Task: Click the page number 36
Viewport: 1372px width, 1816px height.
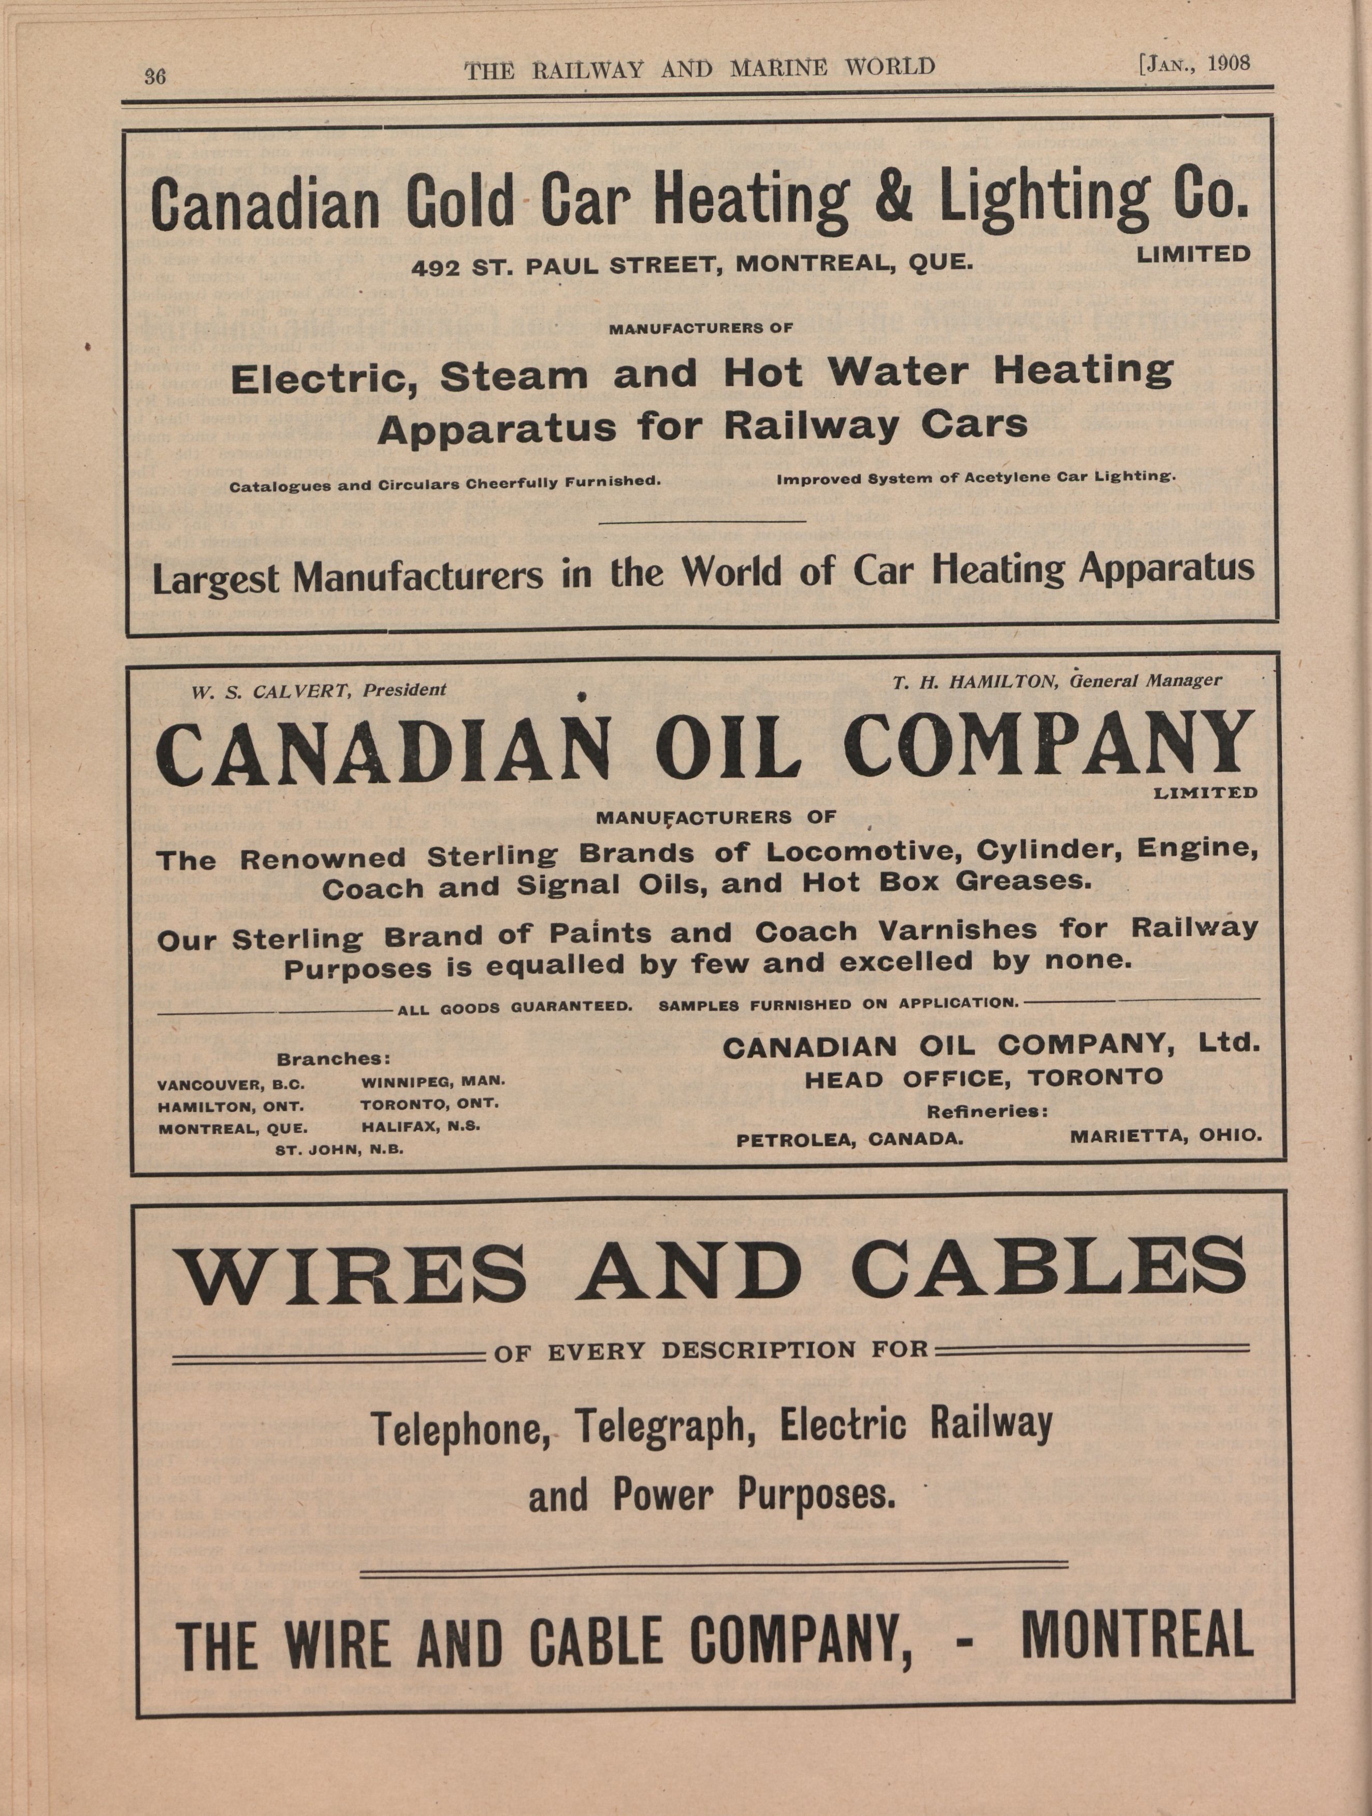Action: pyautogui.click(x=155, y=76)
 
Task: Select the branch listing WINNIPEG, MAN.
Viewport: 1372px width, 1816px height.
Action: pyautogui.click(x=432, y=1081)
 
